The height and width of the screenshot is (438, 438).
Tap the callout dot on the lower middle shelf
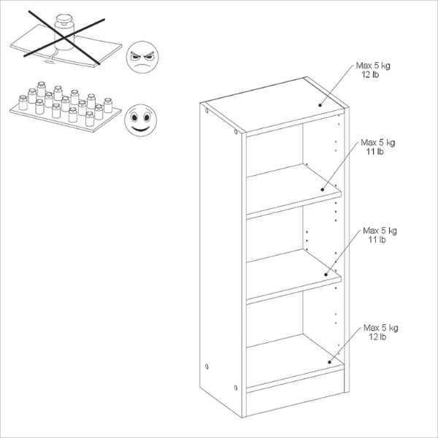(x=326, y=275)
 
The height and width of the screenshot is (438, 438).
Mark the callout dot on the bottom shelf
(x=330, y=360)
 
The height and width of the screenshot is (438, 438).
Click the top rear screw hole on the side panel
(x=208, y=111)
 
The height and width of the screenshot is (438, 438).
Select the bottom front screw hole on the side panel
(x=235, y=387)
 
